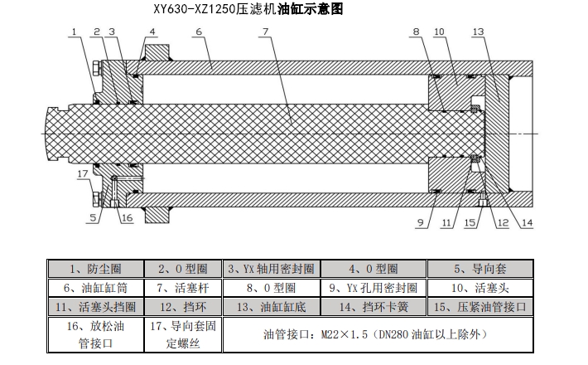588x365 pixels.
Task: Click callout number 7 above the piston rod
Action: point(266,32)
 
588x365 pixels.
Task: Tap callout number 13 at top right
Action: point(478,32)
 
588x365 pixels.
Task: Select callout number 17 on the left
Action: point(83,174)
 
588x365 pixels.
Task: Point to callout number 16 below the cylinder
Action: point(128,218)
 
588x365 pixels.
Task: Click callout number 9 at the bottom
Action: point(421,222)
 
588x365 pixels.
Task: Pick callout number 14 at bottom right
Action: point(527,222)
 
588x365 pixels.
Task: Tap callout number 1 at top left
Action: point(75,32)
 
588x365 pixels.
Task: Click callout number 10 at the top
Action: point(439,32)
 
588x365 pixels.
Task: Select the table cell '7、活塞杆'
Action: point(183,288)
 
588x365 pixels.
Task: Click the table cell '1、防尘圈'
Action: point(95,269)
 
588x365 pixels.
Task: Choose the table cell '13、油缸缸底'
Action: point(272,307)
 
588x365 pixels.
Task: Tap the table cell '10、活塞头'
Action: point(480,288)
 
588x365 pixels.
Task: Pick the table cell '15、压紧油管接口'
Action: point(480,307)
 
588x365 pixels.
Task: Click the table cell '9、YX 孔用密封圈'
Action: point(374,288)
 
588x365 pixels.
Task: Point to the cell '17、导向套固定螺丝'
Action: point(183,334)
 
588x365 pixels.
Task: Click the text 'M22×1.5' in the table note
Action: point(345,334)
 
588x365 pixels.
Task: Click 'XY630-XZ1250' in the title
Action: point(195,8)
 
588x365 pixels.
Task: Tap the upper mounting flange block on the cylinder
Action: point(157,52)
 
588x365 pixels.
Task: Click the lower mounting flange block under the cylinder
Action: point(157,214)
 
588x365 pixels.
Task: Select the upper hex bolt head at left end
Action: point(96,69)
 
